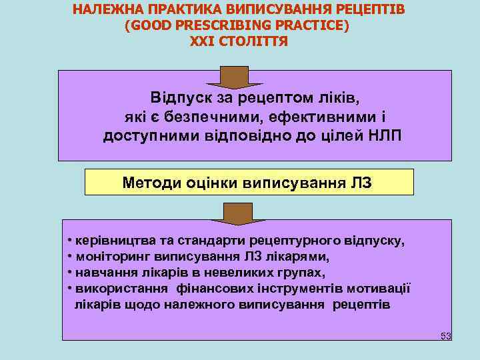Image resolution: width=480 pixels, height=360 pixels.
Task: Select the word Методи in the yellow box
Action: pos(150,182)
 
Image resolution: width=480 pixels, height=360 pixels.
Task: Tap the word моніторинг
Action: pos(107,256)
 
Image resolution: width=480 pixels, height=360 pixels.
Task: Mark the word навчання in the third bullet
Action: pos(101,273)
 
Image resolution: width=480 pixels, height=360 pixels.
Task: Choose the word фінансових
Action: pos(210,289)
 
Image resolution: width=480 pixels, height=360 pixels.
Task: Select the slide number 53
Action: pos(445,335)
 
